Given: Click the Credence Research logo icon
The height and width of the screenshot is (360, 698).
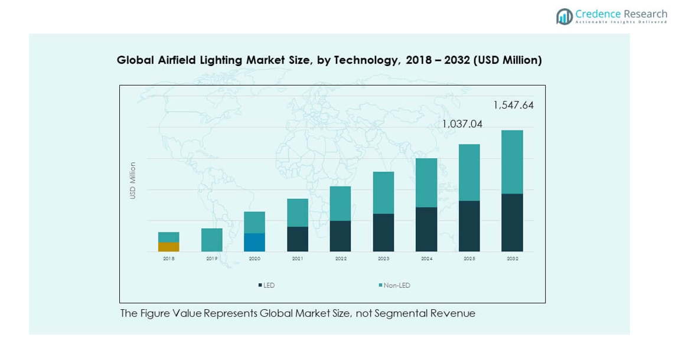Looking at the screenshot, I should (x=565, y=17).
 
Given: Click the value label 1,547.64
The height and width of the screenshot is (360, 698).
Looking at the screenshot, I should (x=513, y=106).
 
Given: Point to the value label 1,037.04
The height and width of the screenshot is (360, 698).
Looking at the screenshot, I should (x=462, y=124).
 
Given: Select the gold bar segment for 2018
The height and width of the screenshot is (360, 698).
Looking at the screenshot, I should (x=168, y=247).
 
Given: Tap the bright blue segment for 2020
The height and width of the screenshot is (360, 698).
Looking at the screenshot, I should (x=255, y=242).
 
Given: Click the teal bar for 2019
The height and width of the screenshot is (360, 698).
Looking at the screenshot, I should (x=211, y=240).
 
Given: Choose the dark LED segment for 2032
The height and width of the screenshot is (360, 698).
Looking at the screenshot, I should (x=512, y=222).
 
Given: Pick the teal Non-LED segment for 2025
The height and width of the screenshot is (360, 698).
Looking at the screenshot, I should (x=469, y=172).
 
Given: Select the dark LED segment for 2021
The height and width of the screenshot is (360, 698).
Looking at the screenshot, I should (x=298, y=239).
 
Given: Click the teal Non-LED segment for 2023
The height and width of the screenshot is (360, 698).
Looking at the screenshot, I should (x=383, y=192).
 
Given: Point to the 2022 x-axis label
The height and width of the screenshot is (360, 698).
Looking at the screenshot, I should (x=341, y=258).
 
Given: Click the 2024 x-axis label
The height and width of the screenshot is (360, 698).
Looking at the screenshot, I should (x=426, y=258).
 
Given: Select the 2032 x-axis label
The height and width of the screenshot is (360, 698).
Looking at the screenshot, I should (x=512, y=258).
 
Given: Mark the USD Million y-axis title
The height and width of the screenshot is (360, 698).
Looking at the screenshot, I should (x=133, y=180).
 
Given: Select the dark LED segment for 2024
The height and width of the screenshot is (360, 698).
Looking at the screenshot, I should (x=426, y=229).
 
